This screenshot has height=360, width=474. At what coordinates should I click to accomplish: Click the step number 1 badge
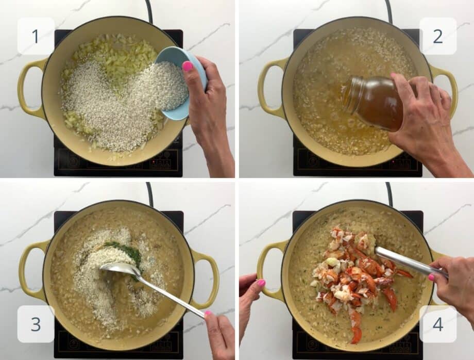[x=36, y=36]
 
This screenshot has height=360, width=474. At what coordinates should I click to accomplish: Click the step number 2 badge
[x=437, y=36]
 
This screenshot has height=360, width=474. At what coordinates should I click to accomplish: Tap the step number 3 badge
[x=36, y=324]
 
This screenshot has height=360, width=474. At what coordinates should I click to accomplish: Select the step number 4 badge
[x=437, y=324]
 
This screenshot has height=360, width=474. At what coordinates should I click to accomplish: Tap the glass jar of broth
[x=374, y=101]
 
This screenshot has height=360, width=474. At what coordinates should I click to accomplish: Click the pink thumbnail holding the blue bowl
[x=188, y=66]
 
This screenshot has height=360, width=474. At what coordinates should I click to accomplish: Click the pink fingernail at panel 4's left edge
[x=261, y=283]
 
